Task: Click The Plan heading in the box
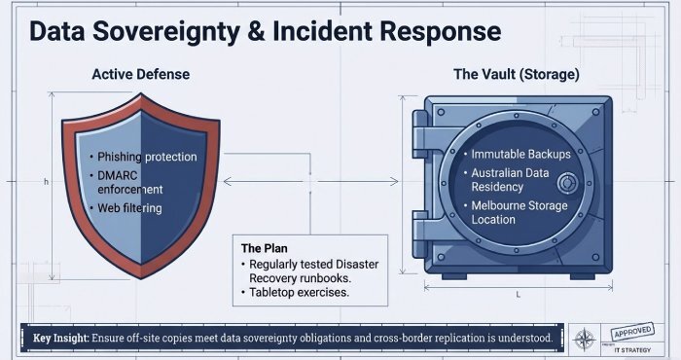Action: [x=264, y=248]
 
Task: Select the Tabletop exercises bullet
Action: [x=297, y=292]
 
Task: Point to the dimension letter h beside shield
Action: [x=46, y=181]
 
